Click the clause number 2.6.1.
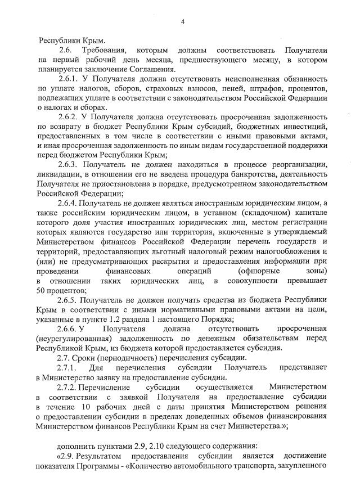tap(69, 79)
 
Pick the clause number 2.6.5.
tap(69, 300)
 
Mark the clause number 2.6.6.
tap(69, 328)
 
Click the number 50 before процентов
tap(43, 290)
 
